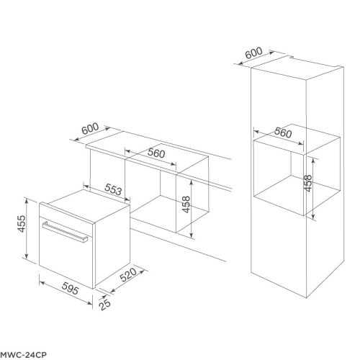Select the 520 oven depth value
click(x=128, y=276)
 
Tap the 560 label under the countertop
click(x=156, y=153)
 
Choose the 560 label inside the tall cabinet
click(x=282, y=134)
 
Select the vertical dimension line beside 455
click(x=27, y=229)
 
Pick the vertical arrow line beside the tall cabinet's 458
click(x=315, y=186)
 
